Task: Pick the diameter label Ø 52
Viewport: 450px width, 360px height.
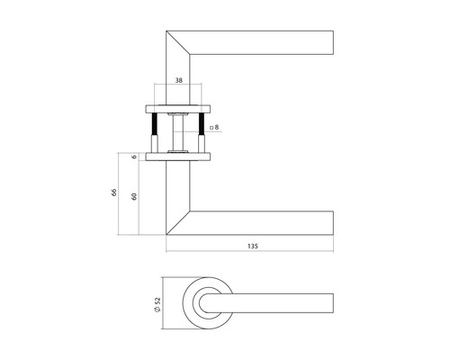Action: click(157, 306)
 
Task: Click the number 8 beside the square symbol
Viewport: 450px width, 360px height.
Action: click(217, 129)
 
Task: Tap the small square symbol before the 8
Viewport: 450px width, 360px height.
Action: click(210, 129)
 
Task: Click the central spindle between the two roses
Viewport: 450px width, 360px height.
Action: click(180, 131)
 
